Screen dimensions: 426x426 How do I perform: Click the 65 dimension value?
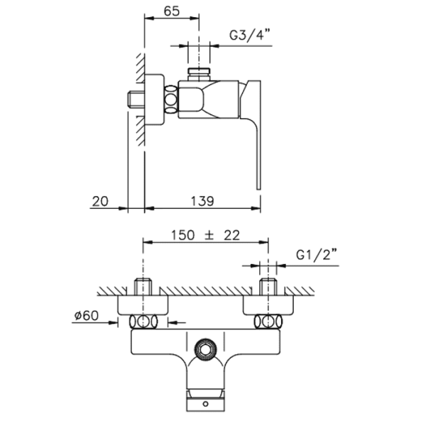click(172, 11)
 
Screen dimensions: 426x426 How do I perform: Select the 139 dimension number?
click(202, 202)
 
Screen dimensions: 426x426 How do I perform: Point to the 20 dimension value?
click(100, 202)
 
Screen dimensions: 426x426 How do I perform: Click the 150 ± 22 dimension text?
click(205, 235)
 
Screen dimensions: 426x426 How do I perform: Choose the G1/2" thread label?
click(317, 255)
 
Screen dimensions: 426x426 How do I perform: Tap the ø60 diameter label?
click(87, 316)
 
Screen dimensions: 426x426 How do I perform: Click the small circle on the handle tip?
click(206, 404)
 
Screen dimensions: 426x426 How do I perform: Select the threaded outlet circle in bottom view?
click(206, 349)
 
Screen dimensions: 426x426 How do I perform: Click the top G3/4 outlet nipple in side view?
click(199, 75)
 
